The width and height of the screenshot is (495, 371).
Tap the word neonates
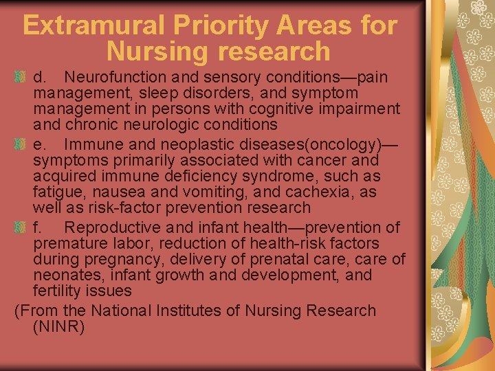[63, 276]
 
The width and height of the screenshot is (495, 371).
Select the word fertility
[56, 291]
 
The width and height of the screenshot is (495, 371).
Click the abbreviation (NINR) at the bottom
[58, 327]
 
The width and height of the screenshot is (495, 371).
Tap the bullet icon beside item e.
[20, 145]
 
